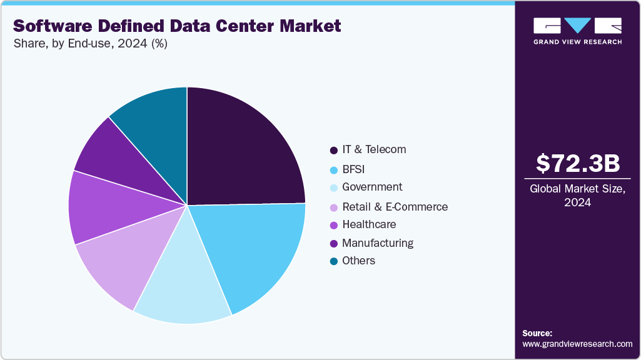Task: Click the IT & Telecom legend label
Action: [x=374, y=150]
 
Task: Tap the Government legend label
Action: [x=372, y=187]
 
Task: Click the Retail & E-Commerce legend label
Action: [x=395, y=207]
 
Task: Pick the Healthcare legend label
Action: [x=369, y=224]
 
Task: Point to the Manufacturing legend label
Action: [x=378, y=243]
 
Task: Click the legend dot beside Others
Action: [x=334, y=261]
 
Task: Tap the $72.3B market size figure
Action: [x=578, y=164]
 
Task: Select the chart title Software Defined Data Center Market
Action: [x=177, y=26]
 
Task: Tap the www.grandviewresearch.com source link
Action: [x=577, y=344]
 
